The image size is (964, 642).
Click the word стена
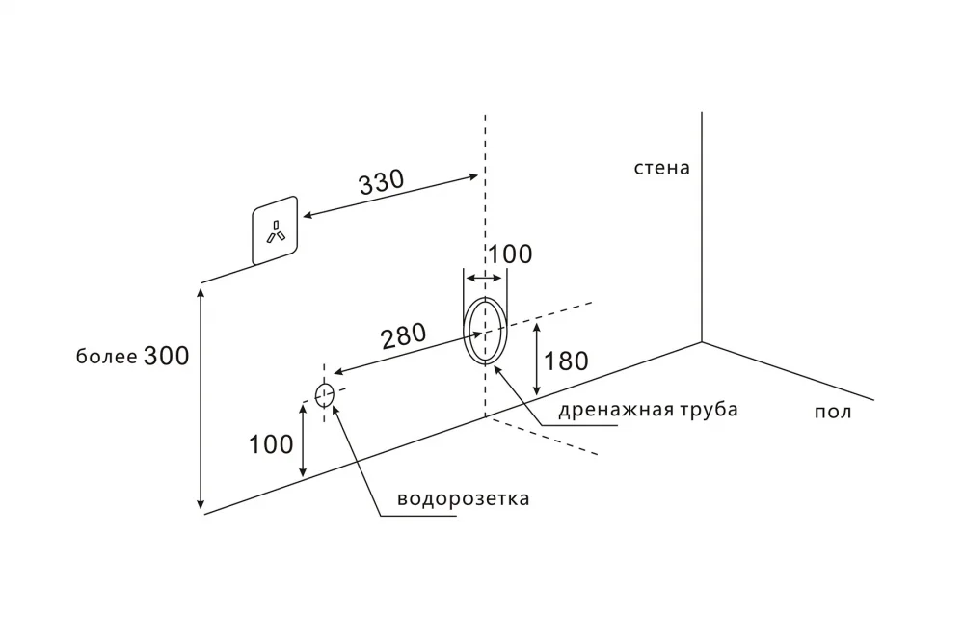(661, 168)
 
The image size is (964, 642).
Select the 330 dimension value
(382, 183)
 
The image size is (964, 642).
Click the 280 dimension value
(404, 336)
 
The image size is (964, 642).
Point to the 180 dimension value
(566, 361)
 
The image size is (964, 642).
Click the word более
(106, 358)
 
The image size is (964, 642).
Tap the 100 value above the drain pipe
(509, 254)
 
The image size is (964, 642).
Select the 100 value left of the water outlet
(271, 444)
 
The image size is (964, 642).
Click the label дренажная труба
(648, 410)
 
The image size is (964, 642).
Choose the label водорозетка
(464, 500)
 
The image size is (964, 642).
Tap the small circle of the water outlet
(324, 393)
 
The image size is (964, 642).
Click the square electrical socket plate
(276, 230)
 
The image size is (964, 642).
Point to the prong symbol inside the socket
(276, 232)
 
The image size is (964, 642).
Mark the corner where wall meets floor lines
(702, 341)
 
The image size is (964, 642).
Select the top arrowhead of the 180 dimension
(537, 325)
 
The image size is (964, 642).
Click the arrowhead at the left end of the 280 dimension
(336, 374)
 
